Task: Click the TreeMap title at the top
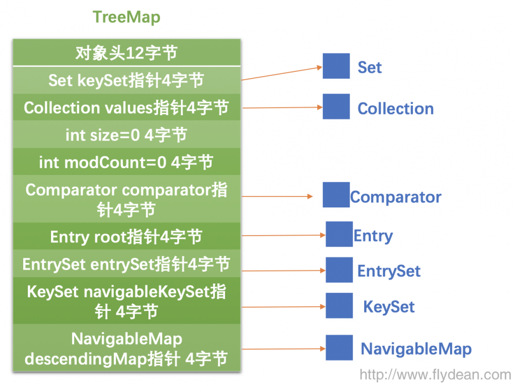126,17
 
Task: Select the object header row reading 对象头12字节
126,52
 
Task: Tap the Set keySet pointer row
126,80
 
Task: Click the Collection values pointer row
126,108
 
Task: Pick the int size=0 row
126,135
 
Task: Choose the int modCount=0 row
126,162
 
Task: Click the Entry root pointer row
126,237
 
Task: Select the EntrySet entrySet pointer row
126,264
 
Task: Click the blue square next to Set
336,66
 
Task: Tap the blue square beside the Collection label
336,107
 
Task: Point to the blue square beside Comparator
336,195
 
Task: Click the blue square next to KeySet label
339,306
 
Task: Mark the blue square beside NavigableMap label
339,347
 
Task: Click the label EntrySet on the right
389,271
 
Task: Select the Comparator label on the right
396,197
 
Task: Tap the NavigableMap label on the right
416,348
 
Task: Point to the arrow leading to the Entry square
283,236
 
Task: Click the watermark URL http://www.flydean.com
435,374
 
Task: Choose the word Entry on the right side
373,236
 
